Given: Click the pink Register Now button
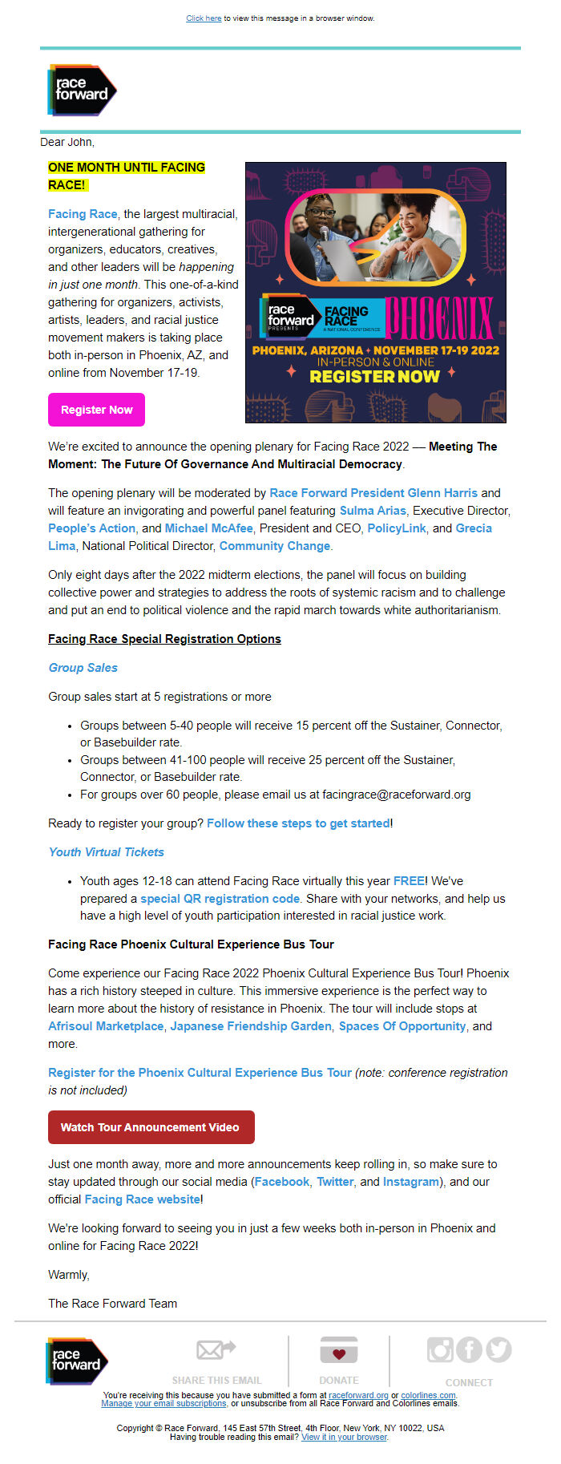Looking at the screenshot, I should (x=96, y=410).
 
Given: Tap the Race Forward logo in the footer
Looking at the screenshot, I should (x=77, y=1360).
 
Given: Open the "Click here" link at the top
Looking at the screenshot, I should (x=204, y=18).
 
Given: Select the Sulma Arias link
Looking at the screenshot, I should (x=373, y=511).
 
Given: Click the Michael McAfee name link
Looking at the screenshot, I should (x=208, y=528).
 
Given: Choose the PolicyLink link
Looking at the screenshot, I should (x=397, y=528).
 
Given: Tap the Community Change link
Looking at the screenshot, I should (x=275, y=546).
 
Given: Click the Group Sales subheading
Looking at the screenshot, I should (x=83, y=668).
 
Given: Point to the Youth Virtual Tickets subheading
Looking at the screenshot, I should (x=107, y=852).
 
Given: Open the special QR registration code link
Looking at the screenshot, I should (x=220, y=899).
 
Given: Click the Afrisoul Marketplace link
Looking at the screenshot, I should (x=106, y=1026).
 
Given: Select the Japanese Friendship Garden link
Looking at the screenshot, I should (x=251, y=1026).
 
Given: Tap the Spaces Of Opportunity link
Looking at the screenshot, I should (x=402, y=1026).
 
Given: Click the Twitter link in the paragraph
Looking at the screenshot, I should (x=335, y=1182).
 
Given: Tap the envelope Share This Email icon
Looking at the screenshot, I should (x=216, y=1350).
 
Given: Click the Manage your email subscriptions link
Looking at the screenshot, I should (x=164, y=1403).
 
